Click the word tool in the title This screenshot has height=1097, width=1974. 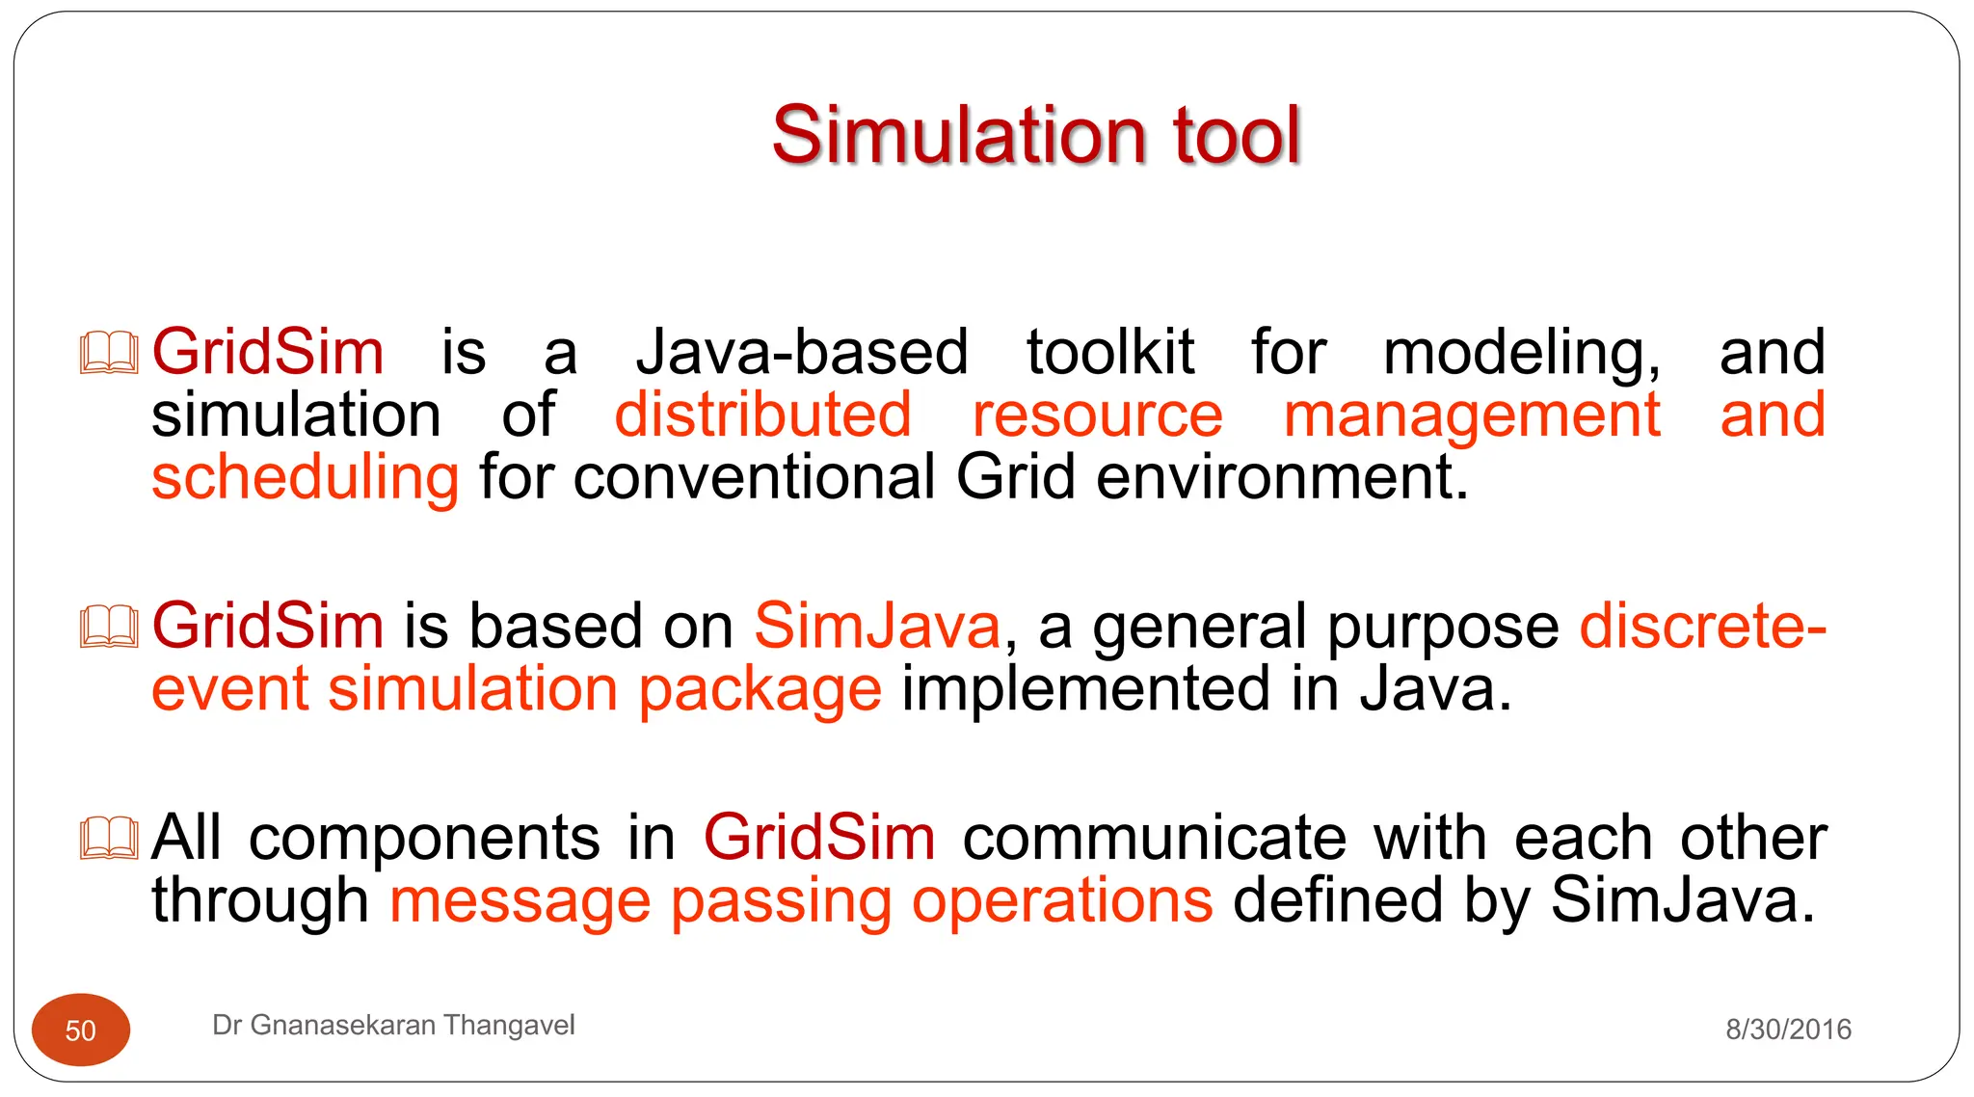(1237, 135)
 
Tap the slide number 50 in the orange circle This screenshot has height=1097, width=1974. (81, 1030)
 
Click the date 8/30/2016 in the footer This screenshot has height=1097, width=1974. (1788, 1030)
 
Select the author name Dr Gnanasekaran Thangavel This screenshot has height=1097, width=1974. (393, 1025)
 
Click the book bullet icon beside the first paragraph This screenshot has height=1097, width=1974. (109, 353)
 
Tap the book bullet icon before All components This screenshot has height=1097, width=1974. (109, 838)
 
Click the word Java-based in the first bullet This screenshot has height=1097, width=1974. (802, 352)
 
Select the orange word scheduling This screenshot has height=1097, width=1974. (305, 478)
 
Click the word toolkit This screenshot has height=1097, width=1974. (1110, 352)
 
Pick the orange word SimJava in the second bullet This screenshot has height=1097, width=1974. (877, 626)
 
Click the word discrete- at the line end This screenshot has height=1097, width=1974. (1702, 626)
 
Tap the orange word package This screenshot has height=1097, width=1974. (760, 691)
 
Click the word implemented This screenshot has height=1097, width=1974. (1085, 689)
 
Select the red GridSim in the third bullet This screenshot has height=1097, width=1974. (819, 837)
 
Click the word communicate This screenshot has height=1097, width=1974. (1154, 837)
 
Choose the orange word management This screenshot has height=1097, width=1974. (1472, 416)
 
